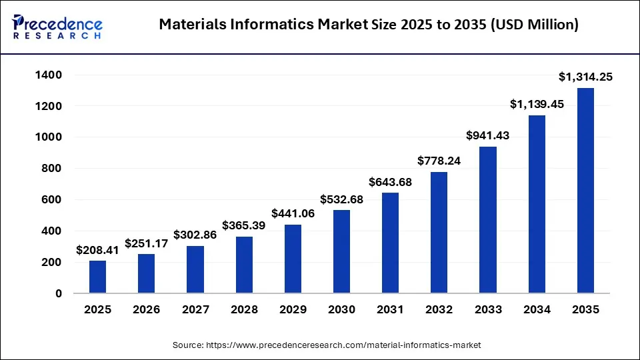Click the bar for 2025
pyautogui.click(x=97, y=276)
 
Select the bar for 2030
pyautogui.click(x=341, y=251)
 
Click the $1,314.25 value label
pyautogui.click(x=585, y=77)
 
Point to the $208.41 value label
pyautogui.click(x=97, y=250)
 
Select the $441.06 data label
pyautogui.click(x=293, y=214)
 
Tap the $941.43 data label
pyautogui.click(x=488, y=136)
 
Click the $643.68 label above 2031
pyautogui.click(x=390, y=182)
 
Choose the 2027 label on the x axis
pyautogui.click(x=195, y=310)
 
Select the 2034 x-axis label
pyautogui.click(x=537, y=310)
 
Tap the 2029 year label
pyautogui.click(x=293, y=310)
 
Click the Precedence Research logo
pyautogui.click(x=57, y=27)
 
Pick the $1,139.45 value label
pyautogui.click(x=537, y=105)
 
